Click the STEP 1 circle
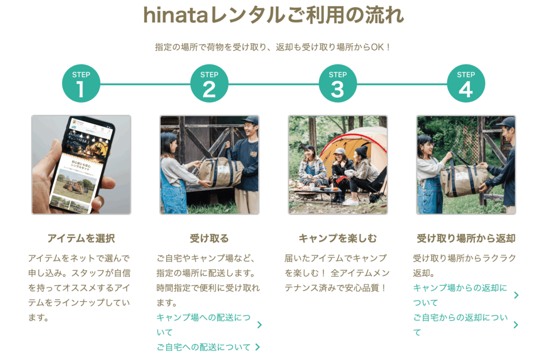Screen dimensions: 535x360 click(x=81, y=84)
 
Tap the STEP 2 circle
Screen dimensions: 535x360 click(x=209, y=84)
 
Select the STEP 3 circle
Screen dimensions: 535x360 click(x=338, y=84)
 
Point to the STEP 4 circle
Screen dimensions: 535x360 click(x=466, y=84)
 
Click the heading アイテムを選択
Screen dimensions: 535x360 click(x=81, y=238)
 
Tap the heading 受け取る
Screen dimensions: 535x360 click(x=209, y=238)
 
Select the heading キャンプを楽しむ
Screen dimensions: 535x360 click(x=338, y=238)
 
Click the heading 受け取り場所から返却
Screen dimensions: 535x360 click(x=466, y=238)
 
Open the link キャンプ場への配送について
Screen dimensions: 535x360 click(x=203, y=324)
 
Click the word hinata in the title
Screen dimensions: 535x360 click(x=176, y=15)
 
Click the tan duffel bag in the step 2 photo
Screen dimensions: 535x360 click(x=220, y=171)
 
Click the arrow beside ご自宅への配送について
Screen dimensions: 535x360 click(x=258, y=347)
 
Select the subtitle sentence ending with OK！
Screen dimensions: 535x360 click(x=273, y=47)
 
